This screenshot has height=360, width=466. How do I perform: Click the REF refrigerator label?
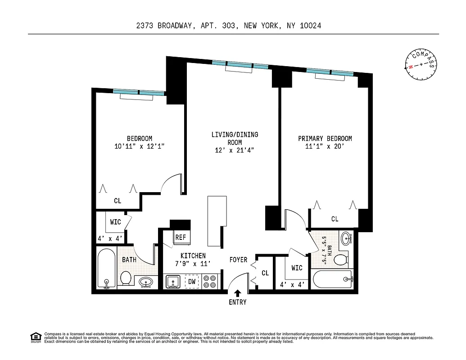[x=181, y=237]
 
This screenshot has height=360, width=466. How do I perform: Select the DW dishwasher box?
[x=191, y=282]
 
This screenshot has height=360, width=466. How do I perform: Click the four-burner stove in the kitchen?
[x=210, y=282]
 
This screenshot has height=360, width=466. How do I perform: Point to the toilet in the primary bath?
[x=340, y=259]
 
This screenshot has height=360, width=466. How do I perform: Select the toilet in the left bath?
[x=126, y=279]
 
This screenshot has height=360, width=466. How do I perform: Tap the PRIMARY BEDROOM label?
[x=325, y=139]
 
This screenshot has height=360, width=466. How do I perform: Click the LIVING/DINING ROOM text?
[x=235, y=139]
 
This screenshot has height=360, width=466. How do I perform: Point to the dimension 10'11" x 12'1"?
[x=139, y=146]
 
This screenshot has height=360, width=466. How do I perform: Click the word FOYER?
[x=238, y=260]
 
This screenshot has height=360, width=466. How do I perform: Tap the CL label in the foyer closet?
[x=265, y=273]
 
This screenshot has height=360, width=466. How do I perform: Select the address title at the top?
[x=229, y=26]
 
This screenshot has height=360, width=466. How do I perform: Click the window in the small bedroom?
[x=139, y=92]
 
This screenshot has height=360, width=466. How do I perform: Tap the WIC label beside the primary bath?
[x=297, y=268]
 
